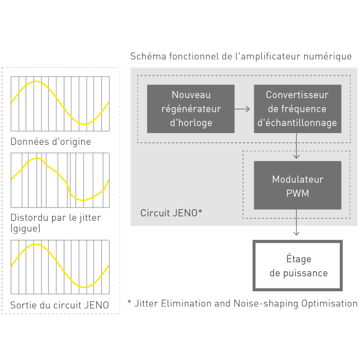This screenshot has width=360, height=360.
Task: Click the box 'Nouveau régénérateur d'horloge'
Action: coord(191,108)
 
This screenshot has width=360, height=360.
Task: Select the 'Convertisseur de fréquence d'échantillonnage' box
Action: coord(297,108)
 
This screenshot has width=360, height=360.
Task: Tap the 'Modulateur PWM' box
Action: coord(297,186)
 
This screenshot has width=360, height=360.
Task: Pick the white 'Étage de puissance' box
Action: coord(298,266)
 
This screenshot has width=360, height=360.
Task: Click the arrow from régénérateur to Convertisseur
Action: coord(242,109)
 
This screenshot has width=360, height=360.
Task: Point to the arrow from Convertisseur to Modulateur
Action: coord(297,147)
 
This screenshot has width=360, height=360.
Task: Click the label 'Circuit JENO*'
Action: coord(171,214)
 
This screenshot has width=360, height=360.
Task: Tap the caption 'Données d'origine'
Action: coord(50,142)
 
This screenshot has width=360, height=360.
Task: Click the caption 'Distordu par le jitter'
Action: coord(56,217)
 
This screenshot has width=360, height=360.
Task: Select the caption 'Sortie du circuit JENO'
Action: coord(59,305)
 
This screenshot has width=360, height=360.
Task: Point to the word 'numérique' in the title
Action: coord(329,56)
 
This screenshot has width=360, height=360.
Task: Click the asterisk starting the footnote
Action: coord(129,302)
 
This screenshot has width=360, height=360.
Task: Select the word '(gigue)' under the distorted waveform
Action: coord(26,228)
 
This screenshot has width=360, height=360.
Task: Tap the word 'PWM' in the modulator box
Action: coord(297,193)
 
